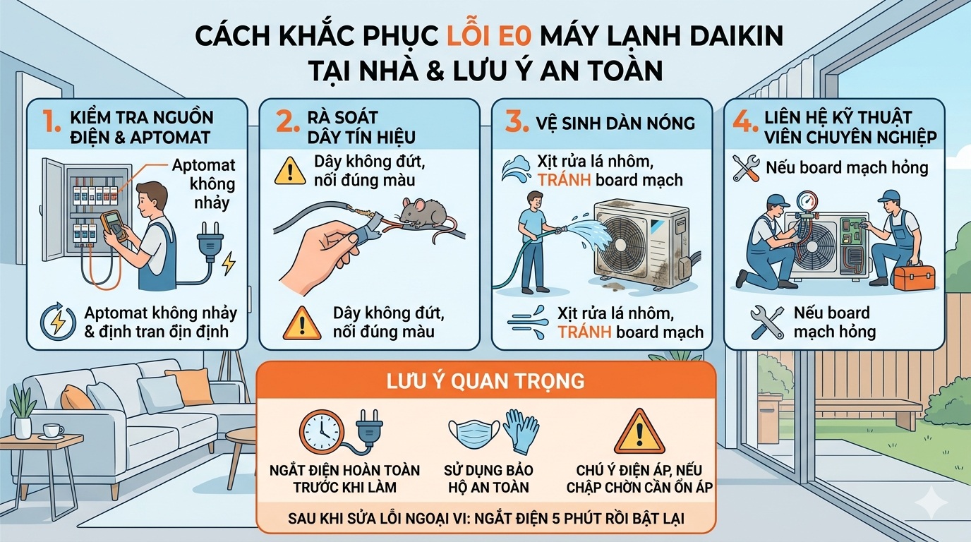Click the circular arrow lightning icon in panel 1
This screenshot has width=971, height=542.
(55, 320)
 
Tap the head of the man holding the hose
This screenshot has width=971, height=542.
(535, 200)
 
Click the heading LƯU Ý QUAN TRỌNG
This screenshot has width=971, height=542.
(485, 381)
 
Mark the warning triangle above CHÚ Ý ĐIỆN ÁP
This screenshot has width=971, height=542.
(639, 431)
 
